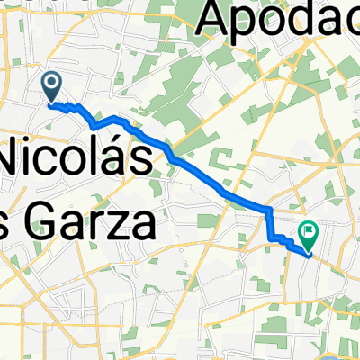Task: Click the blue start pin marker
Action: [x=51, y=87]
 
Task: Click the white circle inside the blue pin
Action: [x=51, y=84]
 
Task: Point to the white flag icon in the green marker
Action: [x=310, y=233]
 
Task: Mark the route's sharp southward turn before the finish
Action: [x=268, y=211]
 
